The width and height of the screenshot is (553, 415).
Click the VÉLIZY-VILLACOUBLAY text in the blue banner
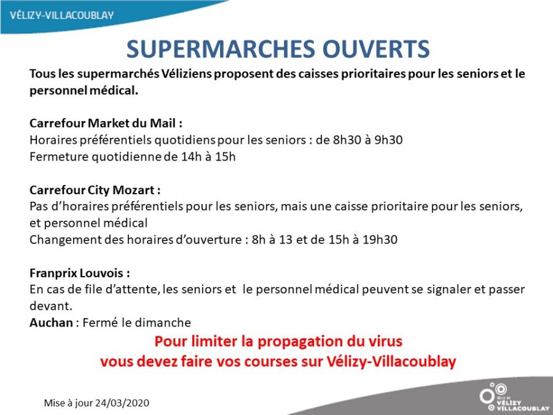[x=61, y=15]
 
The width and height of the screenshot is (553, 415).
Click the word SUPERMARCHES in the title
[x=221, y=49]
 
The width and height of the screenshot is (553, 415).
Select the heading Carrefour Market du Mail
[x=106, y=123]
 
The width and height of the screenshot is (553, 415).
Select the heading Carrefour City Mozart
[x=95, y=190]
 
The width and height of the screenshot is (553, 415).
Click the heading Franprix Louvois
[x=80, y=273]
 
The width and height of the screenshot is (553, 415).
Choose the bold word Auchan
[x=51, y=323]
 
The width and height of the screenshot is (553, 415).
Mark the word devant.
[x=51, y=306]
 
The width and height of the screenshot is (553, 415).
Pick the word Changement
[x=65, y=240]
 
